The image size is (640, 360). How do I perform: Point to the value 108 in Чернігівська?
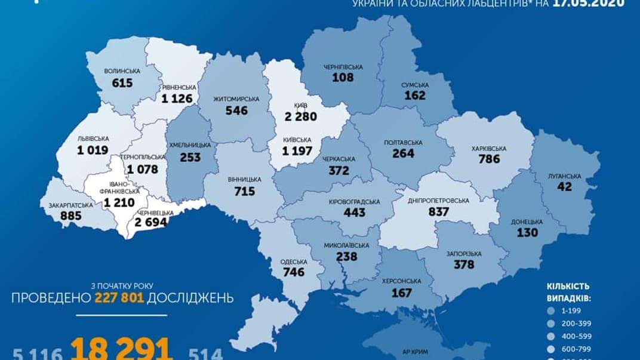(x=343, y=77)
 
